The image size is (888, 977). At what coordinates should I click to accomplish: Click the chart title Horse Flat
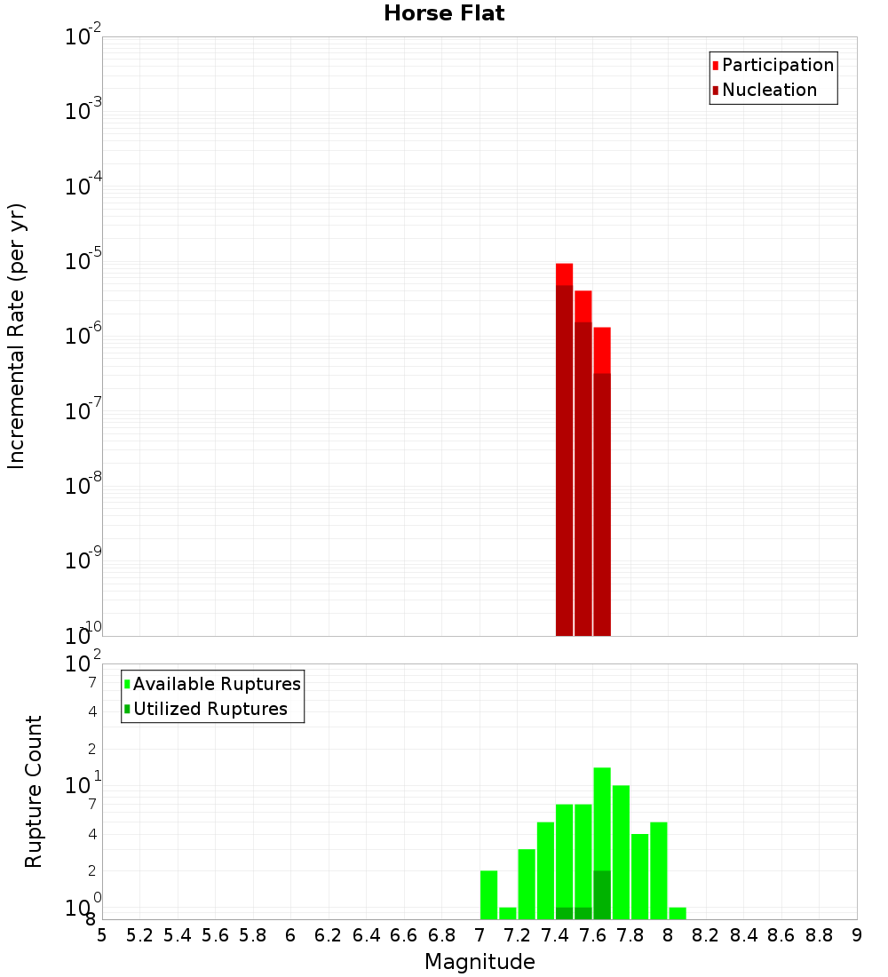pos(444,13)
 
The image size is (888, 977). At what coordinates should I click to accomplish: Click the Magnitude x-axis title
pos(480,962)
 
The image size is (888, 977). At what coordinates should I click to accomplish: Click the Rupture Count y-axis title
pos(34,791)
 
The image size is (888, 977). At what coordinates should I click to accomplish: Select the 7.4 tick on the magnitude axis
pos(555,935)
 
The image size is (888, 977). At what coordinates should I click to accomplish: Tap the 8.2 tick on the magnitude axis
pos(706,935)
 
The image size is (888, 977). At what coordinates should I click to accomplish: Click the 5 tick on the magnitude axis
pos(102,935)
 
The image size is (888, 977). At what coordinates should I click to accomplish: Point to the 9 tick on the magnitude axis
pos(857,935)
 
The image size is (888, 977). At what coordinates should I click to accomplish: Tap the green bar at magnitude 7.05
pos(488,895)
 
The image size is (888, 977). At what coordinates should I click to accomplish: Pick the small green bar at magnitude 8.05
pos(678,913)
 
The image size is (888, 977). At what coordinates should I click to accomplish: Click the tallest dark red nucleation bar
pos(564,462)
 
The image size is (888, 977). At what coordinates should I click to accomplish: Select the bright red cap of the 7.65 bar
pos(602,350)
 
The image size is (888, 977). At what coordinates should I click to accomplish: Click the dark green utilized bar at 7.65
pos(602,895)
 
